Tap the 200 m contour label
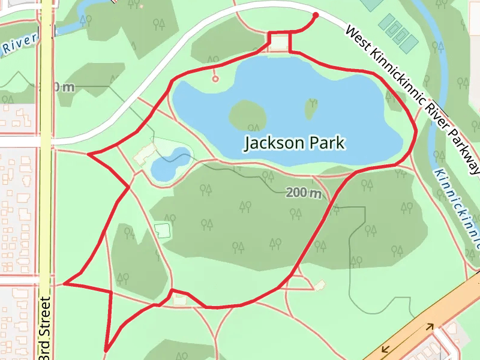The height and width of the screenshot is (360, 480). (304, 193)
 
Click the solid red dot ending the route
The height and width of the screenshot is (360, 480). (316, 15)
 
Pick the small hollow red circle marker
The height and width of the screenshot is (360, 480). (215, 79)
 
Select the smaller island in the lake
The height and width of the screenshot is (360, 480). (311, 108)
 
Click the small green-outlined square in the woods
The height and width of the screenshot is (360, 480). (162, 230)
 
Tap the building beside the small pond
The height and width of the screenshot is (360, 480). (145, 154)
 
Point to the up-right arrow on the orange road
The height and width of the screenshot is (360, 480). (430, 327)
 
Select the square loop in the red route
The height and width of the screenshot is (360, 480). (280, 42)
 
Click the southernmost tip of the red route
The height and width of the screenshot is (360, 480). (106, 350)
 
